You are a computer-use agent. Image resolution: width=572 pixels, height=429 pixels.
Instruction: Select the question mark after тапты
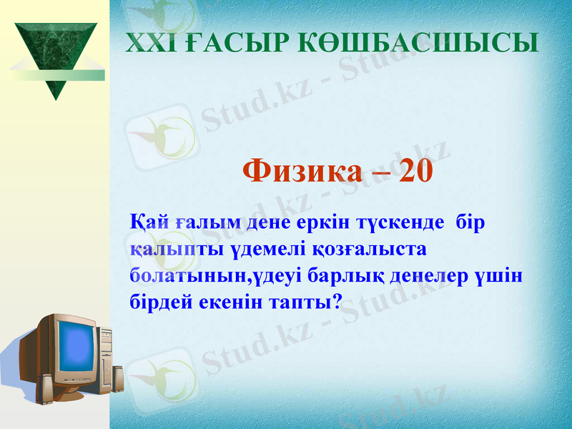336,302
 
